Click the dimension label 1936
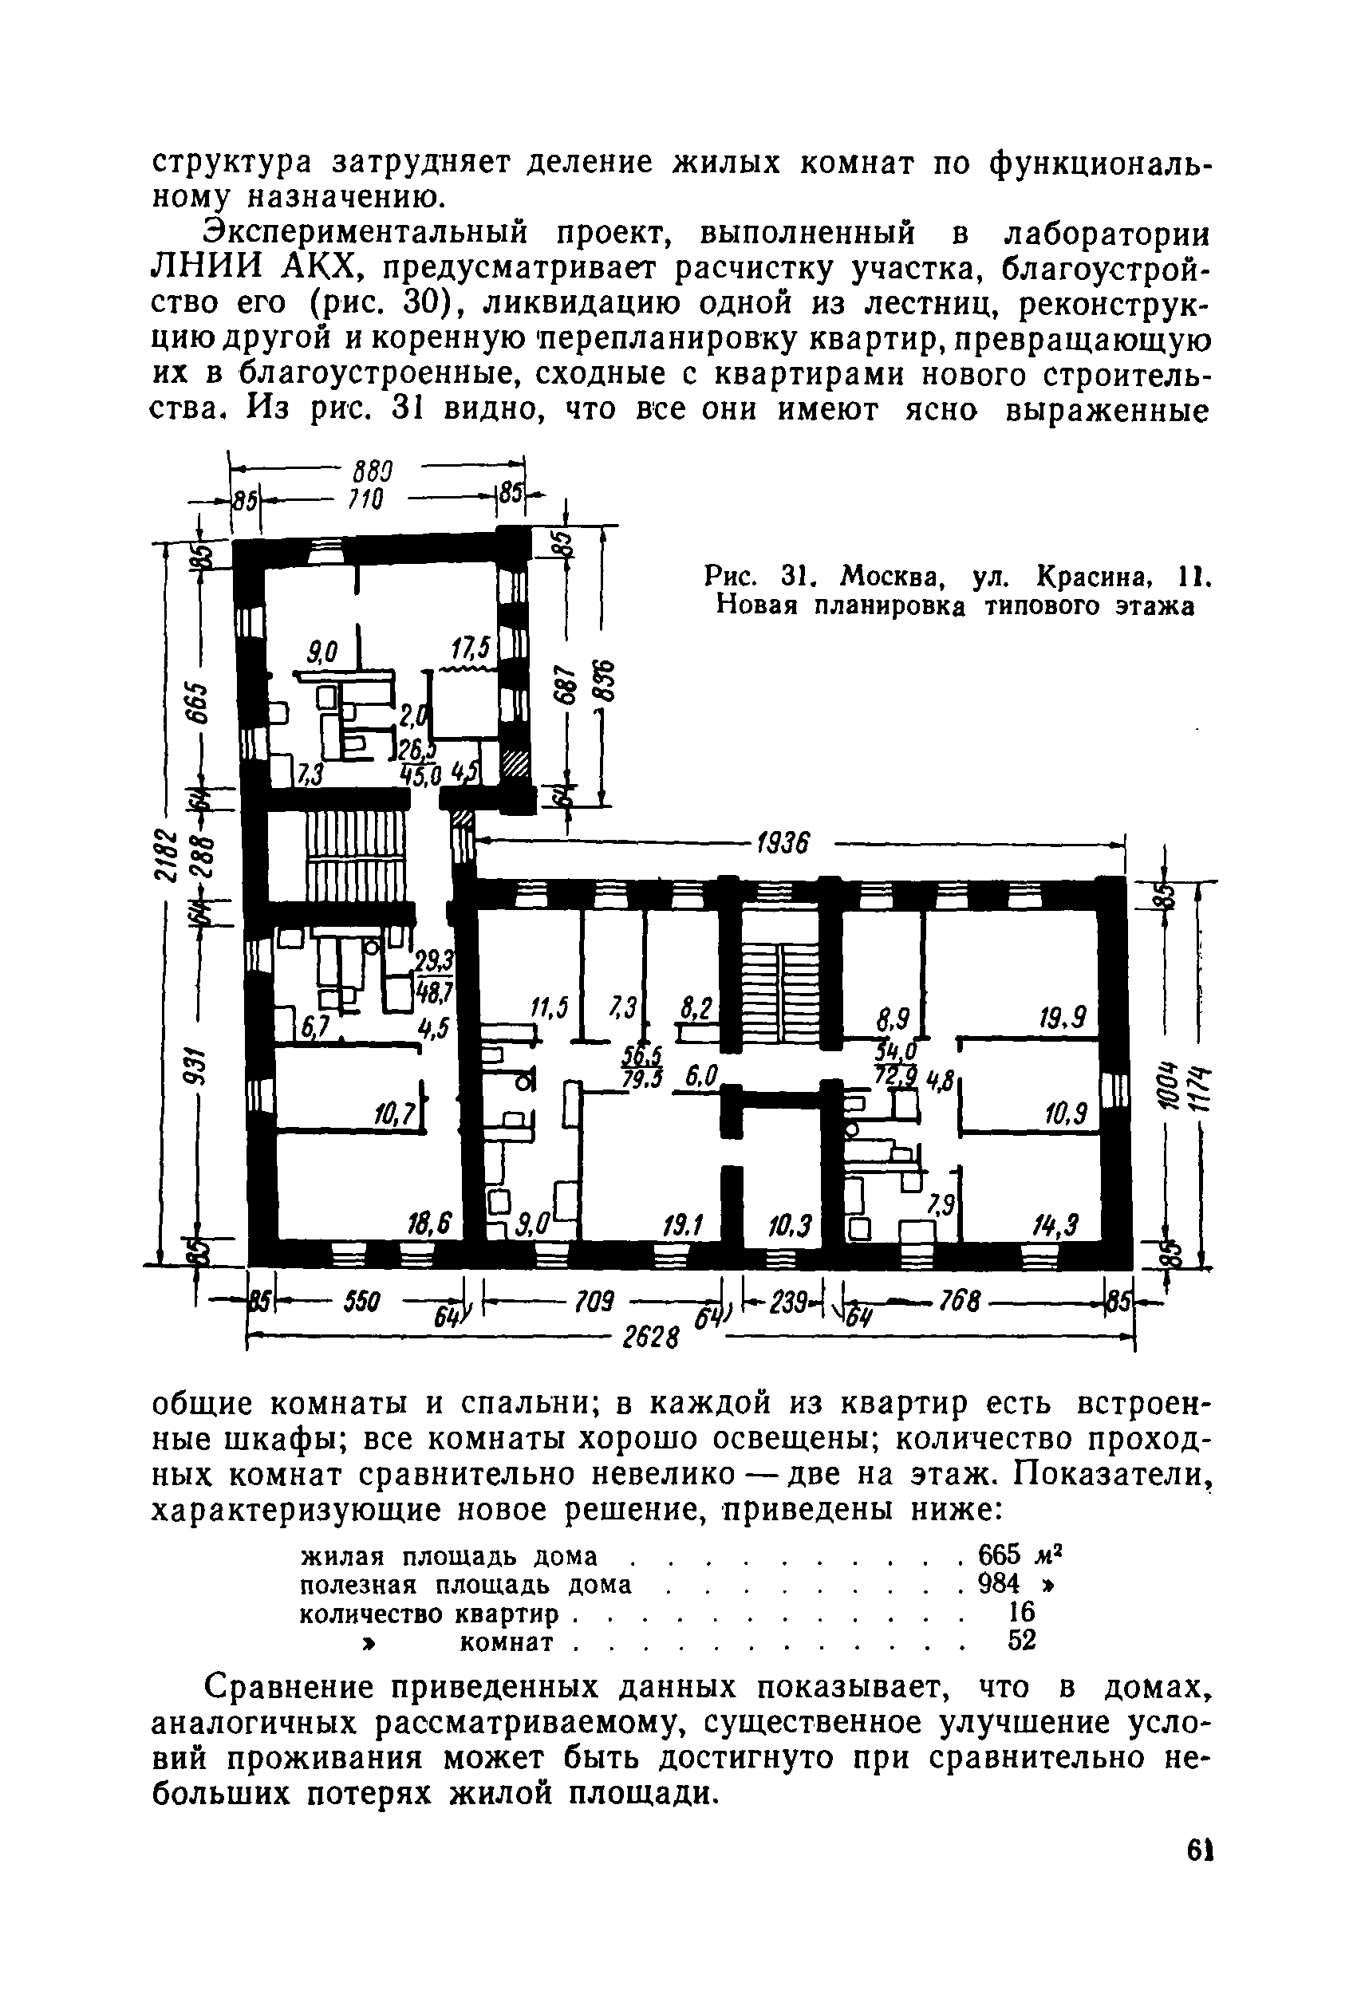[781, 843]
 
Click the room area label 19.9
[1063, 1019]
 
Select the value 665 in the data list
[1000, 1555]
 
